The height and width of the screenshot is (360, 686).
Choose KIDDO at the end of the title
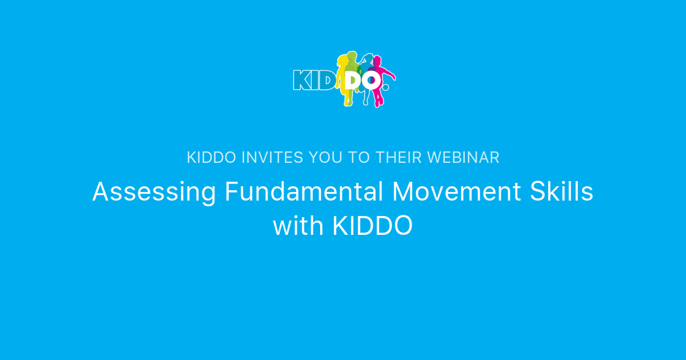[x=372, y=226]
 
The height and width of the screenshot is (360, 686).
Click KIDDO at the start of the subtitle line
[x=211, y=158]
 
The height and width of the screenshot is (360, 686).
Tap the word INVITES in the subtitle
[x=273, y=158]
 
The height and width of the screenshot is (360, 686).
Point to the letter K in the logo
[x=301, y=80]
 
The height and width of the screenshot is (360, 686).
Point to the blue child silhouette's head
[x=368, y=58]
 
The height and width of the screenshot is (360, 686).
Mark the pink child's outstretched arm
[x=389, y=73]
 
